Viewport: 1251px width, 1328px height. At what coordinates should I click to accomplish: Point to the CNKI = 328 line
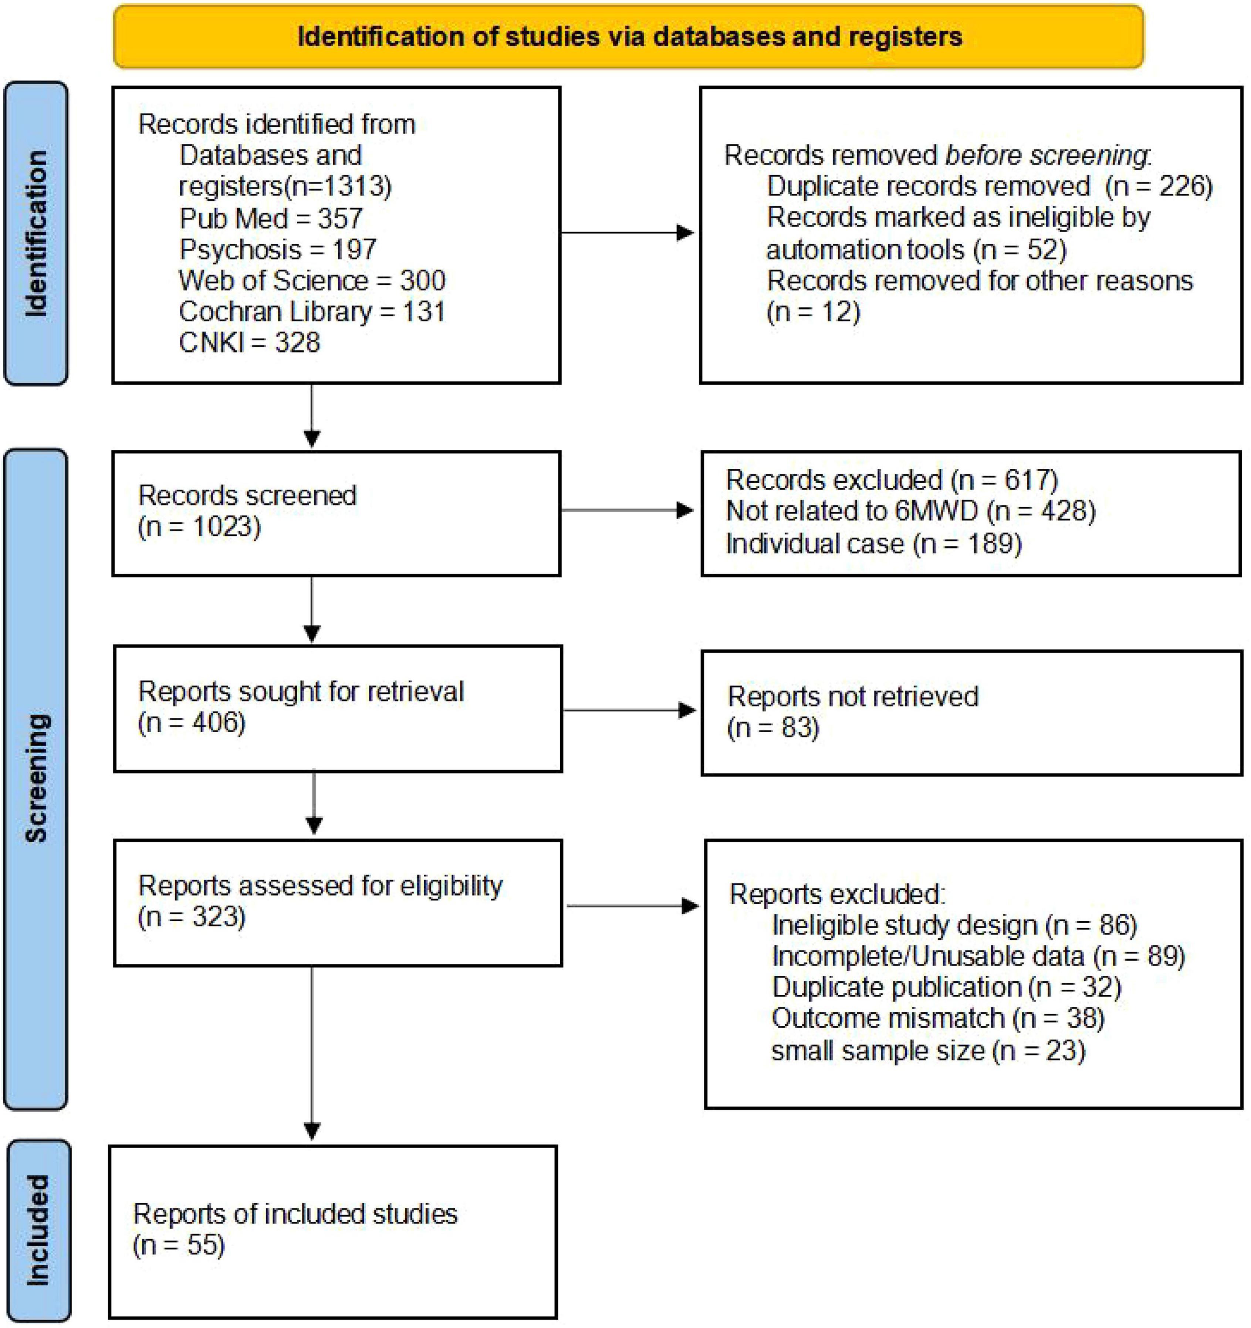[249, 342]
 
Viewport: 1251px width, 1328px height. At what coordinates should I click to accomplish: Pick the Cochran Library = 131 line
[311, 311]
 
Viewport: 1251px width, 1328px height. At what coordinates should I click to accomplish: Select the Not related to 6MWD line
[910, 511]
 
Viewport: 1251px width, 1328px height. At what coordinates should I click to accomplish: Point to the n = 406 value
[192, 722]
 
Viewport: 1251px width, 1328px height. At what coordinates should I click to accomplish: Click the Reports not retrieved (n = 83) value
[773, 727]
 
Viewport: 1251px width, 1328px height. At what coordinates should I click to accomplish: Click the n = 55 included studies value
[179, 1244]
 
